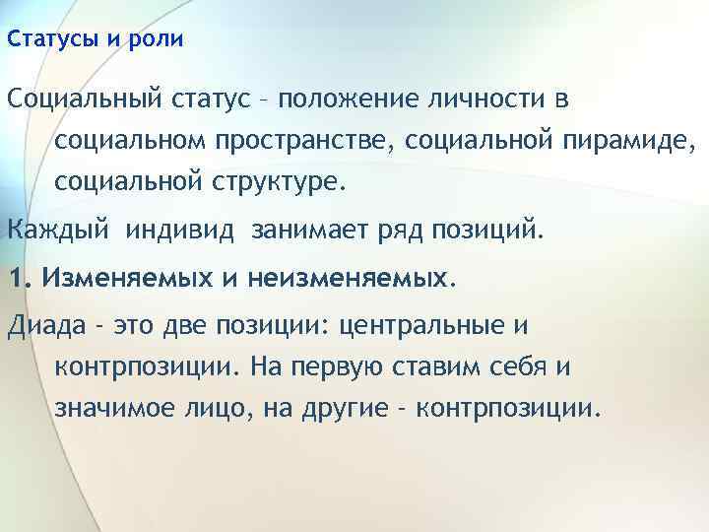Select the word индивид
pyautogui.click(x=182, y=233)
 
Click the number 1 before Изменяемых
pyautogui.click(x=14, y=279)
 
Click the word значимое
pyautogui.click(x=115, y=407)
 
